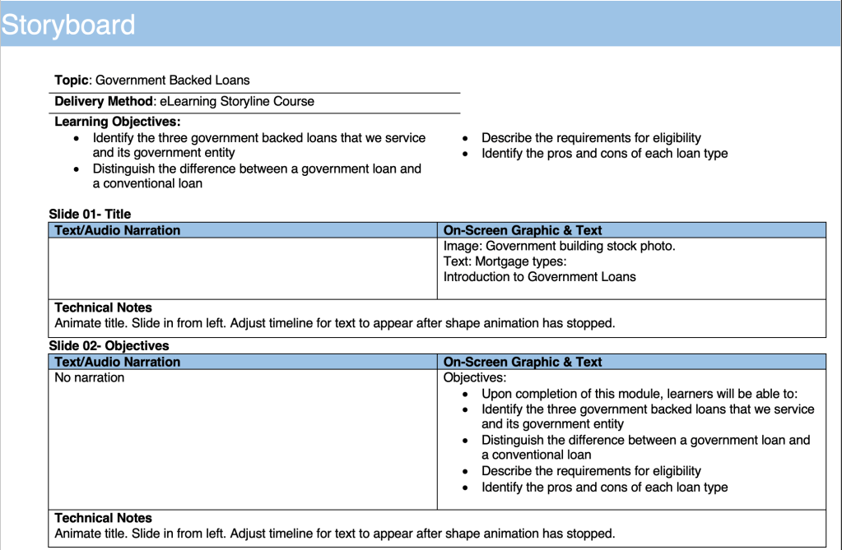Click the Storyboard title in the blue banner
point(68,25)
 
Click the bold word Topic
point(72,81)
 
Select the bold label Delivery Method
point(104,102)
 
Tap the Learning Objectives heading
point(117,122)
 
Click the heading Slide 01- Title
point(90,215)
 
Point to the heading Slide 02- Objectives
point(109,346)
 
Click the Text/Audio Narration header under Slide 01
point(117,231)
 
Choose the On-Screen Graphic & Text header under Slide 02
point(523,363)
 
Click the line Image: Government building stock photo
point(559,246)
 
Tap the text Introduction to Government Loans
point(539,277)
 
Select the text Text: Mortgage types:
point(505,261)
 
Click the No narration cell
point(90,378)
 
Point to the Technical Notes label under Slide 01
point(103,308)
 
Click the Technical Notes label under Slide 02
point(103,519)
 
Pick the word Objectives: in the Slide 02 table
point(475,378)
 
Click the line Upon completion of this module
point(640,394)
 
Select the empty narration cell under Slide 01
point(243,269)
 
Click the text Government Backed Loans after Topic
point(172,81)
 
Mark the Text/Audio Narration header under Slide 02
point(117,363)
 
